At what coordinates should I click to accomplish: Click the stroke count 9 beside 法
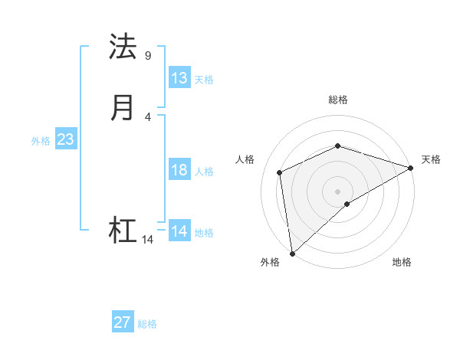point(148,56)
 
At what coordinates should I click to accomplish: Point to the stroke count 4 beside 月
point(148,116)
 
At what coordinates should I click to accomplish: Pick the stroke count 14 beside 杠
point(148,240)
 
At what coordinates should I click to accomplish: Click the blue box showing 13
point(179,78)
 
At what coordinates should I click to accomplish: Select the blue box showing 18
point(179,170)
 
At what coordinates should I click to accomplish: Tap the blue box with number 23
point(65,139)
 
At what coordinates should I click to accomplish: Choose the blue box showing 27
point(123,322)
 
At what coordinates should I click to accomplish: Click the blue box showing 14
point(179,231)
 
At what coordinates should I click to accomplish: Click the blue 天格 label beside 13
point(204,80)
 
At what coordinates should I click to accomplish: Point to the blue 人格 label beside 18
point(204,172)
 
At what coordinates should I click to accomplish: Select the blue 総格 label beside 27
point(147,324)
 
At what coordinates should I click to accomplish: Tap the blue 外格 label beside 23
point(41,141)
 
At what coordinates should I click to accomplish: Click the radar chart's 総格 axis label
point(337,100)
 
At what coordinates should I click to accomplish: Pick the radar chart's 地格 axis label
point(402,263)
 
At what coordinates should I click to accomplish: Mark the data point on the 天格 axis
point(410,169)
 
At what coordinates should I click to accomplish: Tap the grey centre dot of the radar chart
point(337,191)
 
